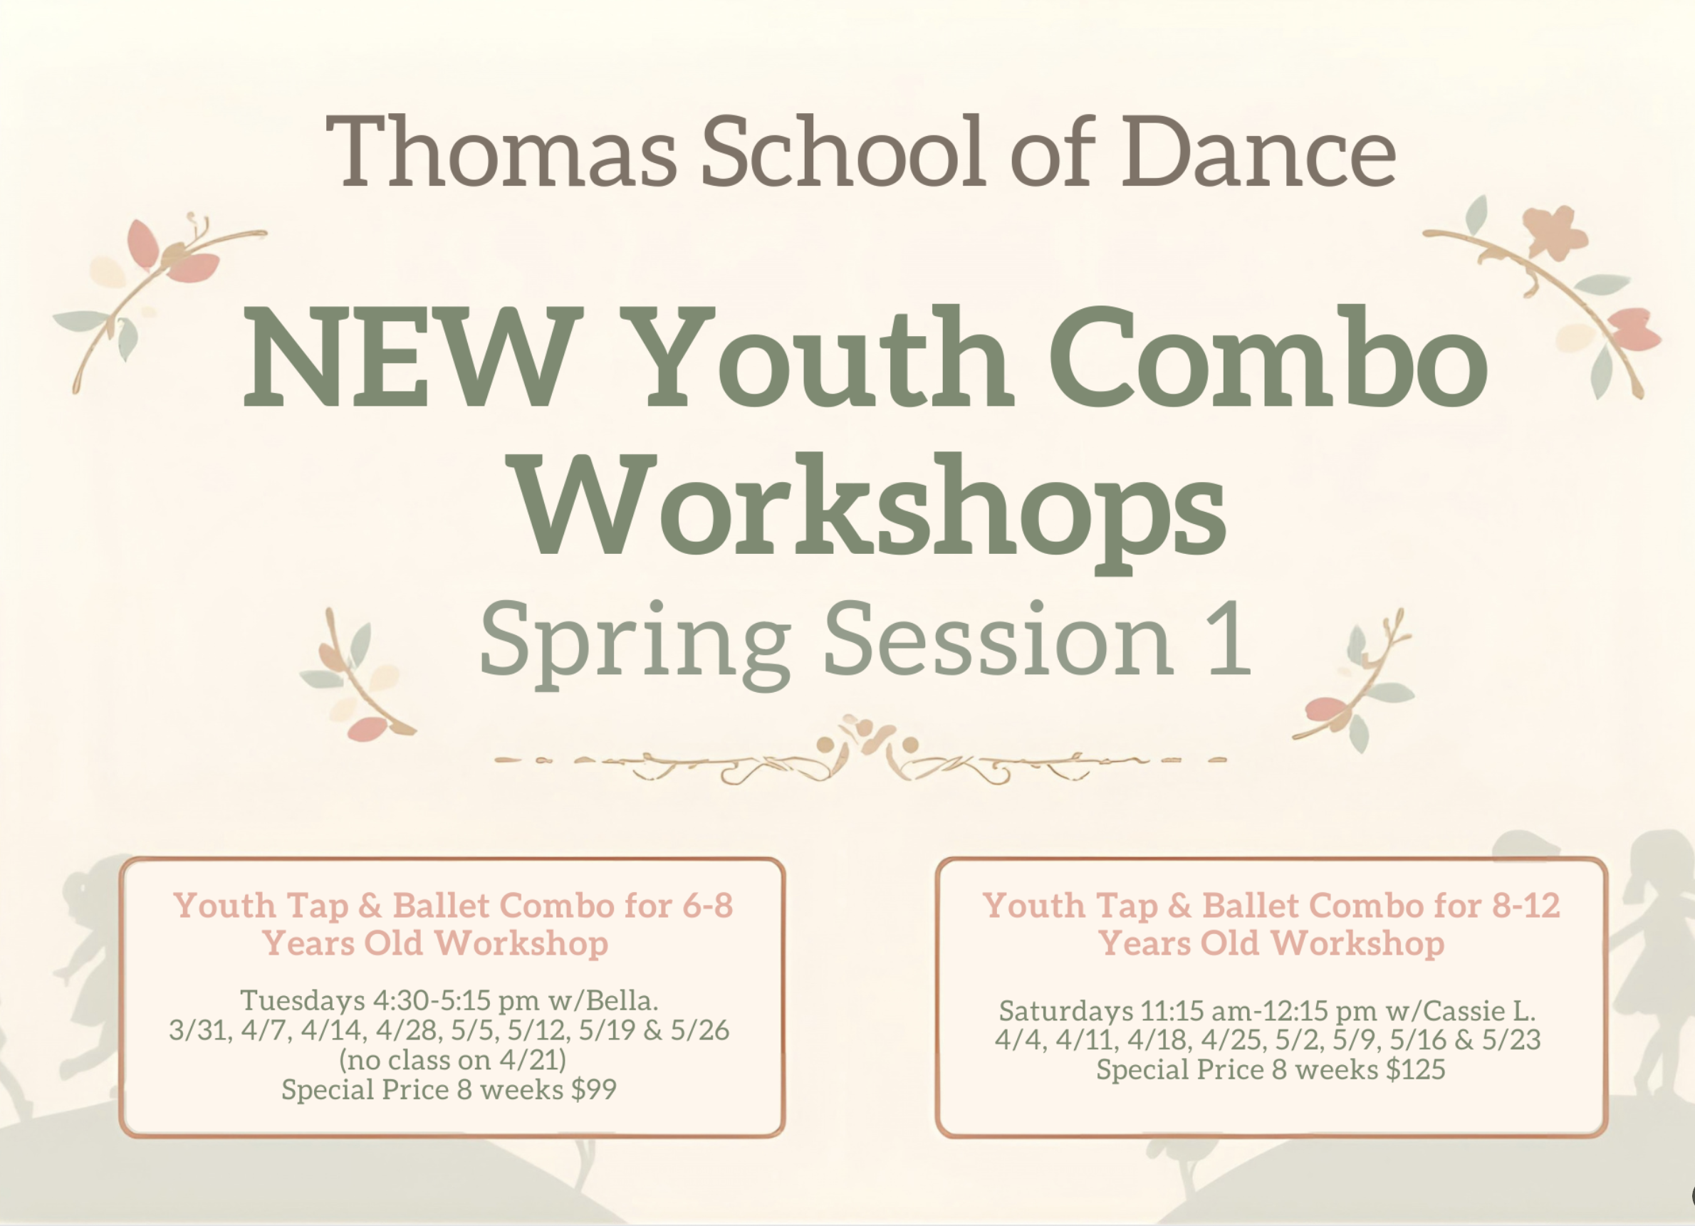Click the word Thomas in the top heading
501,152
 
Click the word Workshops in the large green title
872,505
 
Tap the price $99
594,1089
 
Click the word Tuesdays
303,1000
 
